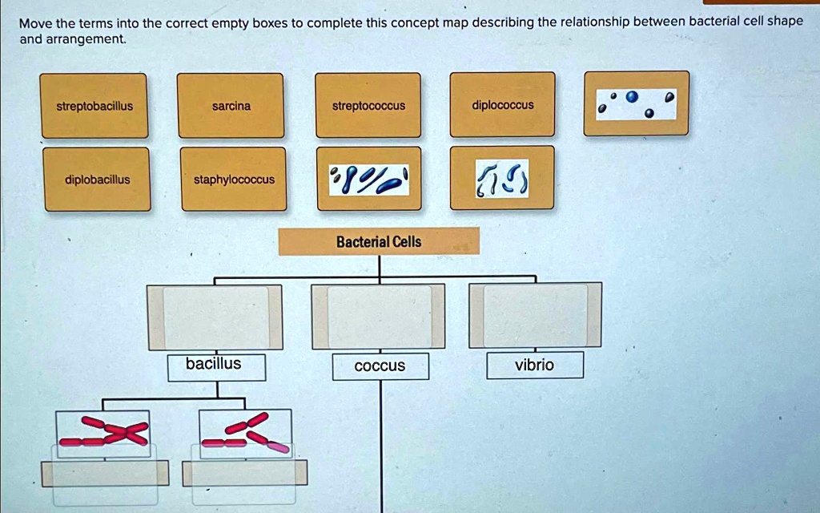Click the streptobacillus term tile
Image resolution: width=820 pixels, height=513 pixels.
click(x=94, y=106)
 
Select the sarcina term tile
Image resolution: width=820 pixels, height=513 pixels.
click(x=231, y=106)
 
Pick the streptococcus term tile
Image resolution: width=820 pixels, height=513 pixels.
click(x=368, y=106)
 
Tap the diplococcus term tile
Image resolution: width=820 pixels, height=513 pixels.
click(x=502, y=105)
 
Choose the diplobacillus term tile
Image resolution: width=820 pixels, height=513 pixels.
click(x=97, y=180)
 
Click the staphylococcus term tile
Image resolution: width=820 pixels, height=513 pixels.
click(x=234, y=180)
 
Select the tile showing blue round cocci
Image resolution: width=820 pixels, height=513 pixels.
click(x=636, y=103)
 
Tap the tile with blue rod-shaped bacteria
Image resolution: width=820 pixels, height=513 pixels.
click(x=368, y=178)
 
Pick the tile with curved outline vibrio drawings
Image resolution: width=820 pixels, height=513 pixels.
click(x=502, y=177)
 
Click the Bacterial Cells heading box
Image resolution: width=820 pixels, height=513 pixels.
click(x=379, y=241)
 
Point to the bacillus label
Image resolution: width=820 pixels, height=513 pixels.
click(x=214, y=365)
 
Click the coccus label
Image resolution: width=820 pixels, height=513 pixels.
click(x=380, y=366)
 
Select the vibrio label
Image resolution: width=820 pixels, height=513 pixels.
click(x=534, y=366)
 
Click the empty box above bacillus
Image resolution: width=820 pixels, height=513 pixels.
click(x=215, y=317)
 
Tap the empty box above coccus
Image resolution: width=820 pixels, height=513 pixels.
click(x=378, y=317)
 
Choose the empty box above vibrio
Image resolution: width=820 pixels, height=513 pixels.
click(x=535, y=315)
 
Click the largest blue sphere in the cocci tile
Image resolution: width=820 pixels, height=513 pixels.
click(x=633, y=98)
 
